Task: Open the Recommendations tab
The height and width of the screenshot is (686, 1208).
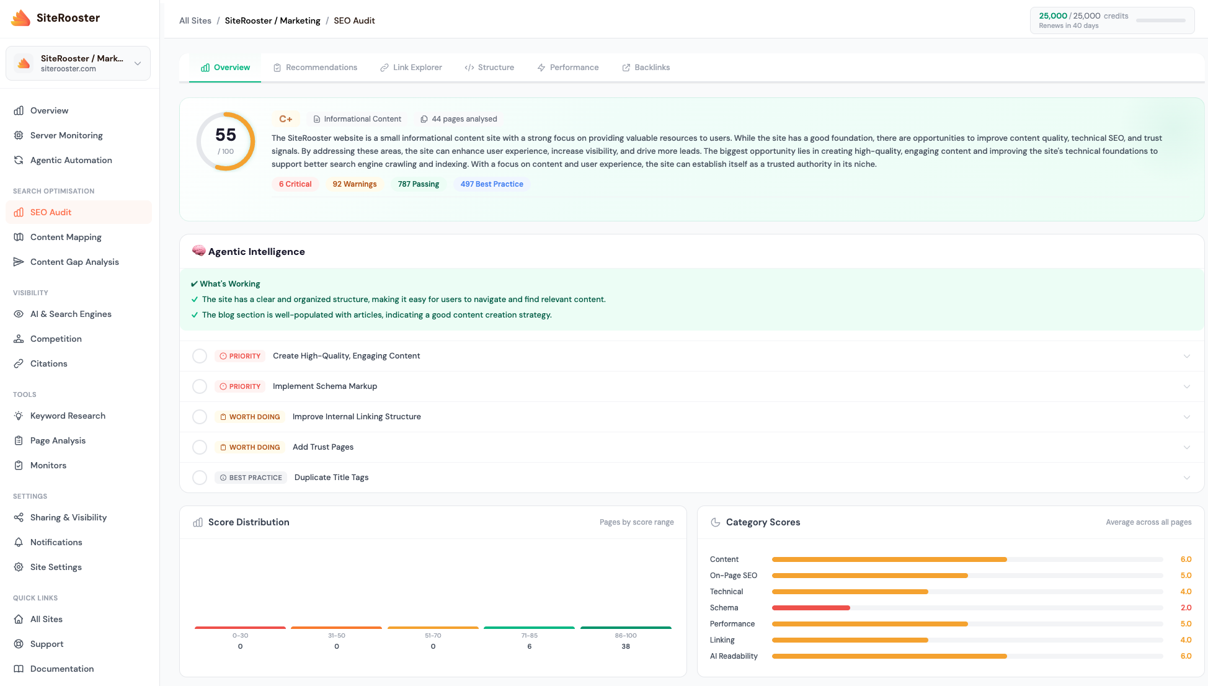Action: coord(315,67)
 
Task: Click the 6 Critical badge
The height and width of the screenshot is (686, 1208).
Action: coord(295,184)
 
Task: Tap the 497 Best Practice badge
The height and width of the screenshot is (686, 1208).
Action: coord(491,184)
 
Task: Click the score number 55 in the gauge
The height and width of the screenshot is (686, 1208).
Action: coord(226,135)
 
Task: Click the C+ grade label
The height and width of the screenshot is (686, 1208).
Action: coord(285,119)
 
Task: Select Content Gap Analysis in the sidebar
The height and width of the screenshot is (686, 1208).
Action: coord(74,262)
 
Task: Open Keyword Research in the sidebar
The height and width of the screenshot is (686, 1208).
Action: coord(68,416)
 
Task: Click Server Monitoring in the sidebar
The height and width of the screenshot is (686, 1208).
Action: coord(66,135)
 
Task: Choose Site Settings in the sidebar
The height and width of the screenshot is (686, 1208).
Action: coord(56,567)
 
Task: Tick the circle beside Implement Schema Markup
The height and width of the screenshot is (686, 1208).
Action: coord(200,386)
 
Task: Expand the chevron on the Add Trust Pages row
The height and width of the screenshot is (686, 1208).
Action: coord(1186,447)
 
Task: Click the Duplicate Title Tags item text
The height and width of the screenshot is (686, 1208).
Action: coord(331,478)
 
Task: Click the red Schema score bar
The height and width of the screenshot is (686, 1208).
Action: coord(811,608)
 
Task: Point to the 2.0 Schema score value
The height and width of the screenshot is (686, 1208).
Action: coord(1186,608)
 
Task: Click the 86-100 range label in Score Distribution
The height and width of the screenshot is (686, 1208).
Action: coord(625,636)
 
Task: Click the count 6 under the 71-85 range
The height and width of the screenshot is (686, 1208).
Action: coord(529,646)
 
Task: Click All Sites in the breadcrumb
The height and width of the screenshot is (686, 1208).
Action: coord(195,20)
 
